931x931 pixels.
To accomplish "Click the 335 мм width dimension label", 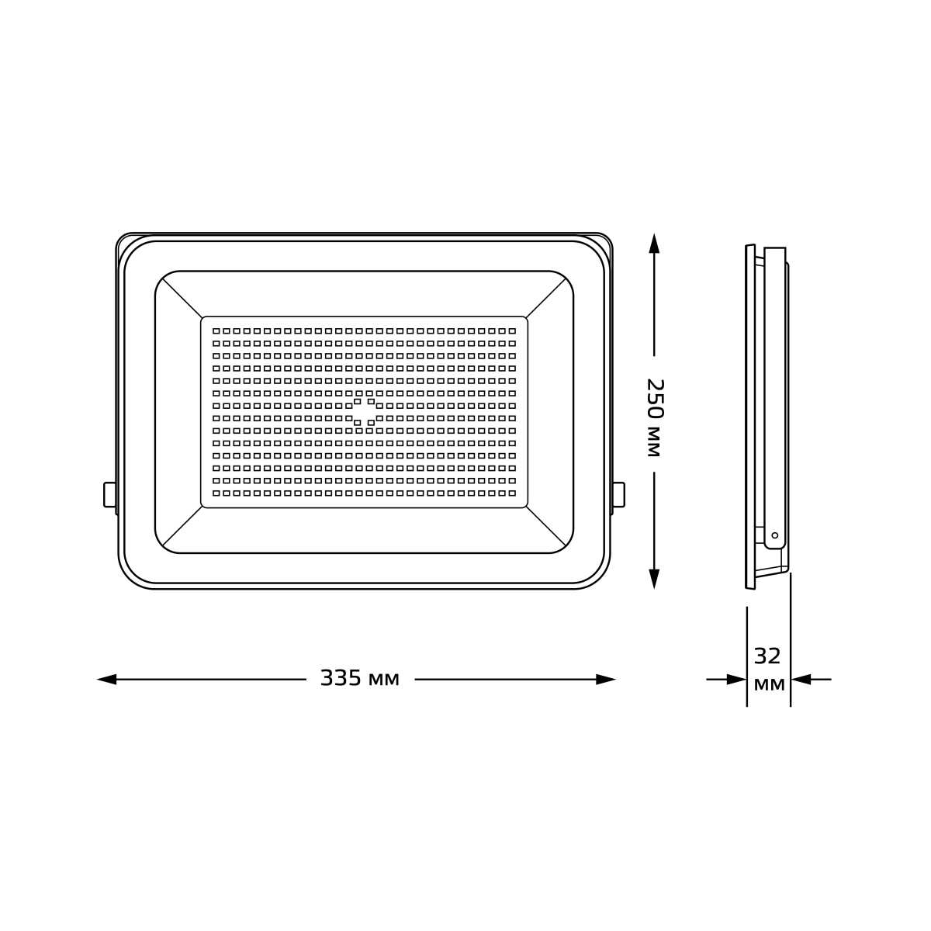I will [x=359, y=679].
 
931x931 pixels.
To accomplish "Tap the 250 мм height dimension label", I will [x=654, y=417].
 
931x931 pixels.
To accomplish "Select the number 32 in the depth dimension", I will [x=767, y=657].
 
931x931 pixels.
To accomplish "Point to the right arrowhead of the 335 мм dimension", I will [x=606, y=680].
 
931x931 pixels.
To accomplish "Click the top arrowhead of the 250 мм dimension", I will [x=654, y=243].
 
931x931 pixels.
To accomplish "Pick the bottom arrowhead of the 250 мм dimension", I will [x=654, y=579].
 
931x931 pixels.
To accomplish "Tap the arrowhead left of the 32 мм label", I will [x=736, y=680].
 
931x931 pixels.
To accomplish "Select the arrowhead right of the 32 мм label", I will [x=801, y=680].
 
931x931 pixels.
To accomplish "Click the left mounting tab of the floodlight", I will [x=110, y=495].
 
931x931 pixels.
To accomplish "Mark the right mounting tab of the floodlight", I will [x=618, y=495].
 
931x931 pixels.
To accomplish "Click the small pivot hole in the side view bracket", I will [x=774, y=535].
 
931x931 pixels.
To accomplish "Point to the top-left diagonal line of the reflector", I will [x=182, y=297].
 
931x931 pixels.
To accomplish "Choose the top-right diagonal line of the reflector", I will [x=547, y=297].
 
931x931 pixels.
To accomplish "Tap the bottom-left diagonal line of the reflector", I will [x=182, y=527].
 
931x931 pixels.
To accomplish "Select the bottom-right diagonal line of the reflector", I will [x=547, y=527].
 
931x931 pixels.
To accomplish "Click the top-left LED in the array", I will [x=216, y=331].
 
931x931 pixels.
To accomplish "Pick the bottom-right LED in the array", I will [x=512, y=493].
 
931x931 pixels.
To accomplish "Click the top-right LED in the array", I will [x=512, y=331].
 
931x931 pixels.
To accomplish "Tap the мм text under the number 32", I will [x=769, y=685].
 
